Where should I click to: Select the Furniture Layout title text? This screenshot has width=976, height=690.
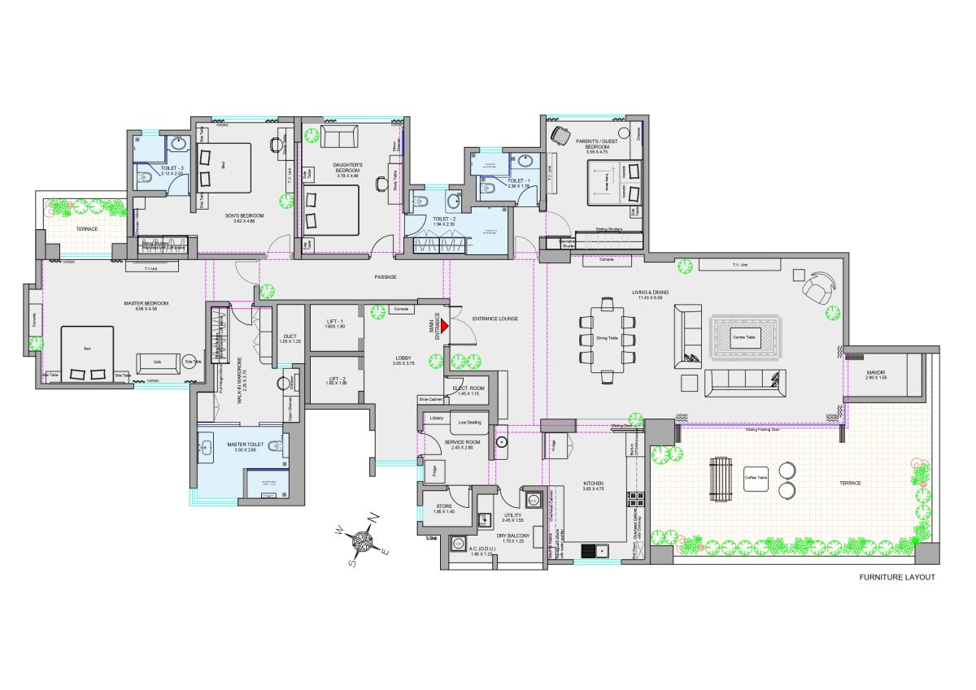click(x=897, y=578)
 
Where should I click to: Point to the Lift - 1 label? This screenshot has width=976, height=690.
click(x=336, y=323)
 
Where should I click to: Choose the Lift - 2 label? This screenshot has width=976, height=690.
click(x=336, y=380)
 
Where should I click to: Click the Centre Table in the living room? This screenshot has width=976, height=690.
click(x=746, y=336)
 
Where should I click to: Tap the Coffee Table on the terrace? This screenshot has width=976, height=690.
click(x=756, y=478)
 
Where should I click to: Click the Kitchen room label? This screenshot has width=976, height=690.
click(x=593, y=485)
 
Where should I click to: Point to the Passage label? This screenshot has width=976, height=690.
click(x=386, y=277)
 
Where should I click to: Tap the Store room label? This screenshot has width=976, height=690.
click(x=443, y=508)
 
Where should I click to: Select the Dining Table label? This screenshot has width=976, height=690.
click(x=607, y=338)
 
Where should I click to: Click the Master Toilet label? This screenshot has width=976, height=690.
click(x=242, y=446)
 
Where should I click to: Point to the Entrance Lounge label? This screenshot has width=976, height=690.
click(x=495, y=319)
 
